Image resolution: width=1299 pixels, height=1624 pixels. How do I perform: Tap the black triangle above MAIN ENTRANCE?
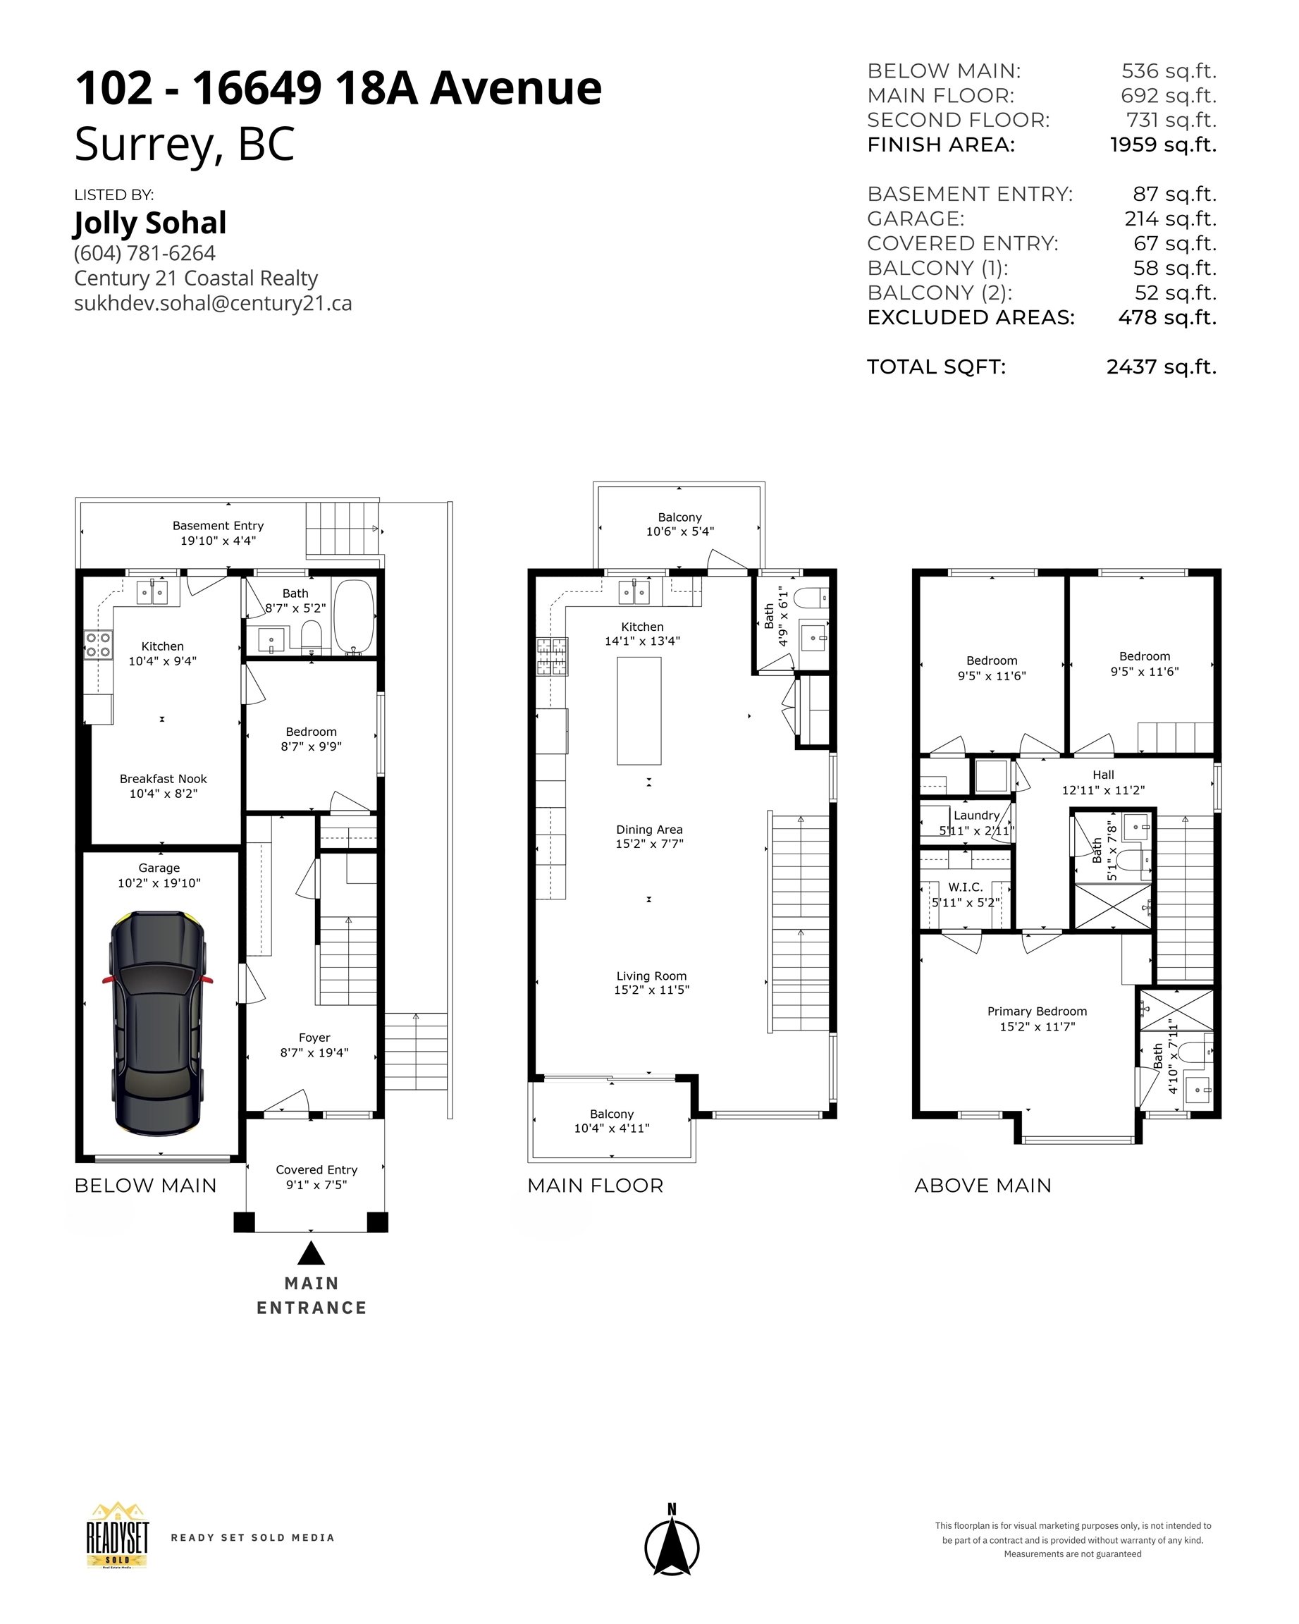click(310, 1254)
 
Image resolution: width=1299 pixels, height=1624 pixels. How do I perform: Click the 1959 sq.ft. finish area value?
click(1163, 144)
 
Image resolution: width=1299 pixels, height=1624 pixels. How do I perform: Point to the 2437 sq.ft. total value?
click(1160, 367)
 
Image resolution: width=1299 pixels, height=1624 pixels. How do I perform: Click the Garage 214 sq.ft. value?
click(1170, 219)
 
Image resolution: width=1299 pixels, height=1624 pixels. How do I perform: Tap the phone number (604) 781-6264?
click(144, 253)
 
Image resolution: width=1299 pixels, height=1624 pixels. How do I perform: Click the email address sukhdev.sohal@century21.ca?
click(213, 303)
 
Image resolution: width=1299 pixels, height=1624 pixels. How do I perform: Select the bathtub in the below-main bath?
click(353, 616)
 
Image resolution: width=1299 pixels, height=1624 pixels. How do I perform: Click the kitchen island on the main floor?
click(639, 710)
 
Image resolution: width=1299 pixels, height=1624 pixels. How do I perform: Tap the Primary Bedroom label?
click(1037, 1011)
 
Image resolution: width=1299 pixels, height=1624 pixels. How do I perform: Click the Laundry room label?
click(976, 815)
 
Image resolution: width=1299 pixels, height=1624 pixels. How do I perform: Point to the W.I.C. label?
click(965, 887)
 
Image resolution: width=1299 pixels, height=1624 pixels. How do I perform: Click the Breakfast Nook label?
click(163, 779)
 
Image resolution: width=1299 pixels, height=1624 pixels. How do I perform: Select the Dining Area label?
click(649, 830)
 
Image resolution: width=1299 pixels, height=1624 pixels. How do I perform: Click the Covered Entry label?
click(316, 1170)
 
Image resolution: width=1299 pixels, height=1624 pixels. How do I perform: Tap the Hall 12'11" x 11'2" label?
click(1102, 782)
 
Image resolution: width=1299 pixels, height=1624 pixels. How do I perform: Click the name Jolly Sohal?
click(150, 223)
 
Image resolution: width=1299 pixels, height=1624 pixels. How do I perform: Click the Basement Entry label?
click(218, 526)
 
